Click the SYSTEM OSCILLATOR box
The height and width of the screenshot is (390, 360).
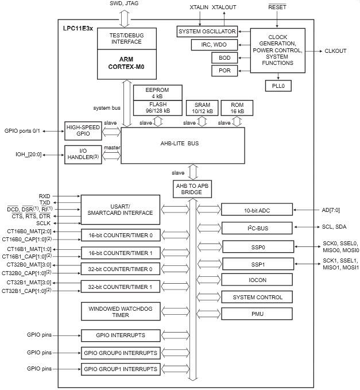tap(206, 31)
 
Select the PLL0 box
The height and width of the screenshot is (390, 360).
tap(278, 86)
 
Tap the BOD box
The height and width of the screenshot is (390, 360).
tap(224, 57)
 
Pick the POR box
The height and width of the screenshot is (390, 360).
tap(224, 71)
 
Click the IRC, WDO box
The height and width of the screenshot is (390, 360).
tap(214, 44)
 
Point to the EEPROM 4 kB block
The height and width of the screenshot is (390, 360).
tap(158, 92)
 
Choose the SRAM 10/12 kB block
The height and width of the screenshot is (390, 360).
tap(202, 107)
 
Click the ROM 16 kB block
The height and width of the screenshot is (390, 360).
tap(237, 107)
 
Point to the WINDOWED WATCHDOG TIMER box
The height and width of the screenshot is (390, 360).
tap(120, 312)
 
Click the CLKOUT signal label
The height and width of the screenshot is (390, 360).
tap(335, 51)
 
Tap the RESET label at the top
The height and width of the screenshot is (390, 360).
tap(277, 7)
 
